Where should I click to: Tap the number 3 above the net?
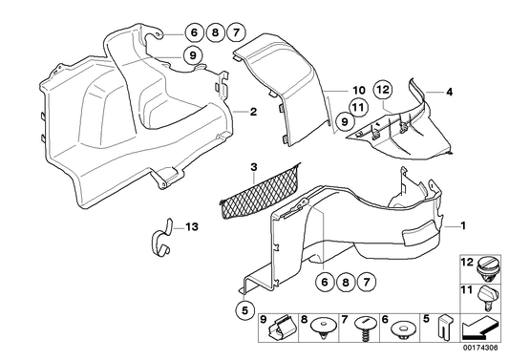(253, 168)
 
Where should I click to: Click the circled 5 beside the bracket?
(244, 309)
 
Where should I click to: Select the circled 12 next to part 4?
(382, 90)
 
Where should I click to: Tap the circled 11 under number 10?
(357, 107)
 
